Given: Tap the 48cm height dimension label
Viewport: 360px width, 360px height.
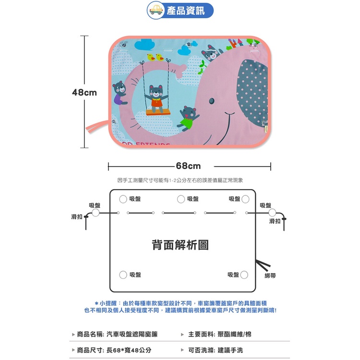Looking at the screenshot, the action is tap(84, 93).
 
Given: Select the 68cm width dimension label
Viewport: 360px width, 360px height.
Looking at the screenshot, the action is tap(188, 166).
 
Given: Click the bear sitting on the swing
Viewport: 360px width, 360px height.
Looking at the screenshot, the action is tap(156, 98).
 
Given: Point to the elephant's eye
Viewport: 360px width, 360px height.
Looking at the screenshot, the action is tap(212, 101).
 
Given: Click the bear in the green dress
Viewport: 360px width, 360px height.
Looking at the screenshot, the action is tap(187, 118).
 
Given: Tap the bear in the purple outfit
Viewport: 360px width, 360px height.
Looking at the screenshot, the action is tap(120, 93).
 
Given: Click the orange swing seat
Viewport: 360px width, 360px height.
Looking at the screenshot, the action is tap(158, 112).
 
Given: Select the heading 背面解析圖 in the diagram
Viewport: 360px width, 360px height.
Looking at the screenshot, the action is tap(180, 245).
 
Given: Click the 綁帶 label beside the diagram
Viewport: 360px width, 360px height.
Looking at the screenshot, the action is tap(270, 276).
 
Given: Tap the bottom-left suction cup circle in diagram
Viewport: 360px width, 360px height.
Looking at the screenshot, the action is tap(123, 275).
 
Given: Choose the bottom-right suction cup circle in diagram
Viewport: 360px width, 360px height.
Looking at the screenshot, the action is tap(244, 275).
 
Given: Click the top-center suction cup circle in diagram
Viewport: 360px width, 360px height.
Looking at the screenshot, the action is tap(181, 199).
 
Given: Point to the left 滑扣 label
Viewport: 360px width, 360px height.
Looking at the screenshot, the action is tap(77, 217).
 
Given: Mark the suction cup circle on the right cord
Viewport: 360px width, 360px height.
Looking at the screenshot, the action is tap(272, 213).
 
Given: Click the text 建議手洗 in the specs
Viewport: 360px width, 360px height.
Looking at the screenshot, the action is tap(230, 350).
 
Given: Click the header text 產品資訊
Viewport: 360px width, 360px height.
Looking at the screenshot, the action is tap(185, 11).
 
